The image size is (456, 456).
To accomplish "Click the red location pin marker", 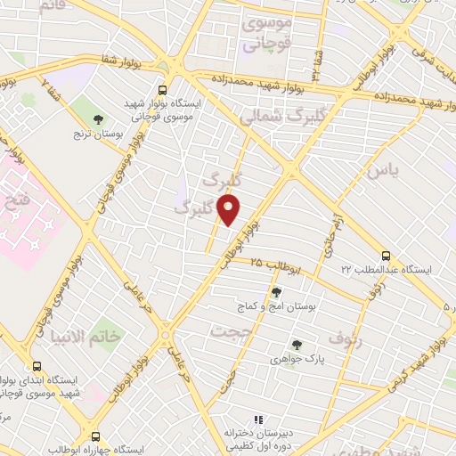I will pos(230,210).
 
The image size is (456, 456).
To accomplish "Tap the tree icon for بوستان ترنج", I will pos(99,118).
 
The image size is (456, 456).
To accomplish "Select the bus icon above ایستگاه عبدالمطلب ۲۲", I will pos(385,254).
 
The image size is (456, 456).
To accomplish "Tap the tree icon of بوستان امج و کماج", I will pos(276,291).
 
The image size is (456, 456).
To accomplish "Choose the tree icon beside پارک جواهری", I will pos(296,344).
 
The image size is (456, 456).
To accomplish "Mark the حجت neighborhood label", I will pos(226,330).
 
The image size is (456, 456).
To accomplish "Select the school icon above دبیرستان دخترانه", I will pos(258,419).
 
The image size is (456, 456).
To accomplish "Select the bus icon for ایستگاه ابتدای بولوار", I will pos(37,366).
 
